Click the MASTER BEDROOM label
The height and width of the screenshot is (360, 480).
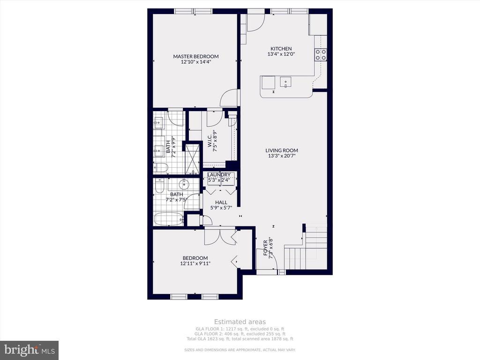195,56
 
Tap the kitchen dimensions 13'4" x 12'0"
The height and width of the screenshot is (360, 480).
281,54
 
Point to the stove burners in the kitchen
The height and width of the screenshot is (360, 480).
321,55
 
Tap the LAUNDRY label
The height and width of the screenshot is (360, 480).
219,174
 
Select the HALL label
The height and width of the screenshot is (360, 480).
221,202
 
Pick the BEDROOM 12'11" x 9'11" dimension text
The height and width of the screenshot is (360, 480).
195,263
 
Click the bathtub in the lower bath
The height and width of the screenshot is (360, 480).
168,219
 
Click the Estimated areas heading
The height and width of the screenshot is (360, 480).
240,322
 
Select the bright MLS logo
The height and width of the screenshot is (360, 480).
29,350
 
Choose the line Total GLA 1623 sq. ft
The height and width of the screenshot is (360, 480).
240,339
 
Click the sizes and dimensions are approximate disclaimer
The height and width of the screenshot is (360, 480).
240,350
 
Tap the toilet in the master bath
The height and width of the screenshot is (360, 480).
160,167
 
